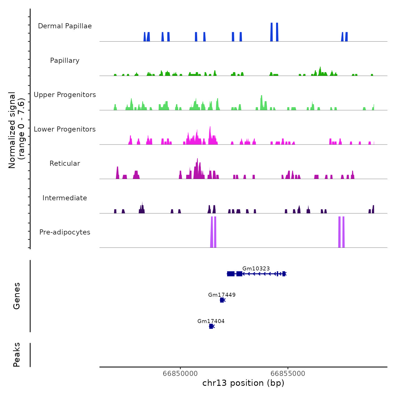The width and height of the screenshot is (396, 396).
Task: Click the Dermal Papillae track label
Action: (65, 26)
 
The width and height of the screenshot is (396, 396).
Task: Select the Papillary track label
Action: (65, 61)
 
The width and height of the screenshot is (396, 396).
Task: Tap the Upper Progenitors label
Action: (65, 95)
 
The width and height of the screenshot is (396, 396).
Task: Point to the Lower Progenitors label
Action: (65, 129)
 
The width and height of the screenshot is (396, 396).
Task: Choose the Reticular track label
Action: (65, 163)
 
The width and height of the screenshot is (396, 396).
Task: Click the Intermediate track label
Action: (65, 198)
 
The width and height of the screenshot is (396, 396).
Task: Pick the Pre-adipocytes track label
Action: (65, 232)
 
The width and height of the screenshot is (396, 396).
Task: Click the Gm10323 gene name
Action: (256, 268)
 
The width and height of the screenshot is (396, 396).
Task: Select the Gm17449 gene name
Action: (222, 295)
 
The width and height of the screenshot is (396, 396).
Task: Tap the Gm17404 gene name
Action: (211, 321)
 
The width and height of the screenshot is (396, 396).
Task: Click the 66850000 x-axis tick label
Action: (180, 373)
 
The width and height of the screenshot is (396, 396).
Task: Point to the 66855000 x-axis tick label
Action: (288, 373)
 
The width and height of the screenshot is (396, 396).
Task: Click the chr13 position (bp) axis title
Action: (243, 383)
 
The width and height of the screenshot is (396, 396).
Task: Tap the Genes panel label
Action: (16, 296)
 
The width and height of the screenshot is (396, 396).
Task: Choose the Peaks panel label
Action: (16, 355)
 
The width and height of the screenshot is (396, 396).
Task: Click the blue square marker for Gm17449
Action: (222, 300)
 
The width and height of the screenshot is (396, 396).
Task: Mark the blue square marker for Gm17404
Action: (211, 326)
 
